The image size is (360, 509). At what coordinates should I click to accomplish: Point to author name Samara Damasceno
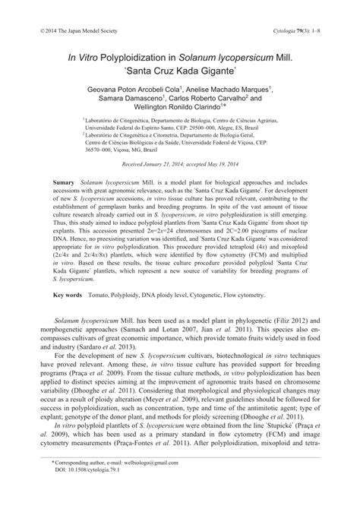point(129,100)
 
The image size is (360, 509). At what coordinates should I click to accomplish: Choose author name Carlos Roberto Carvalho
point(207,100)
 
